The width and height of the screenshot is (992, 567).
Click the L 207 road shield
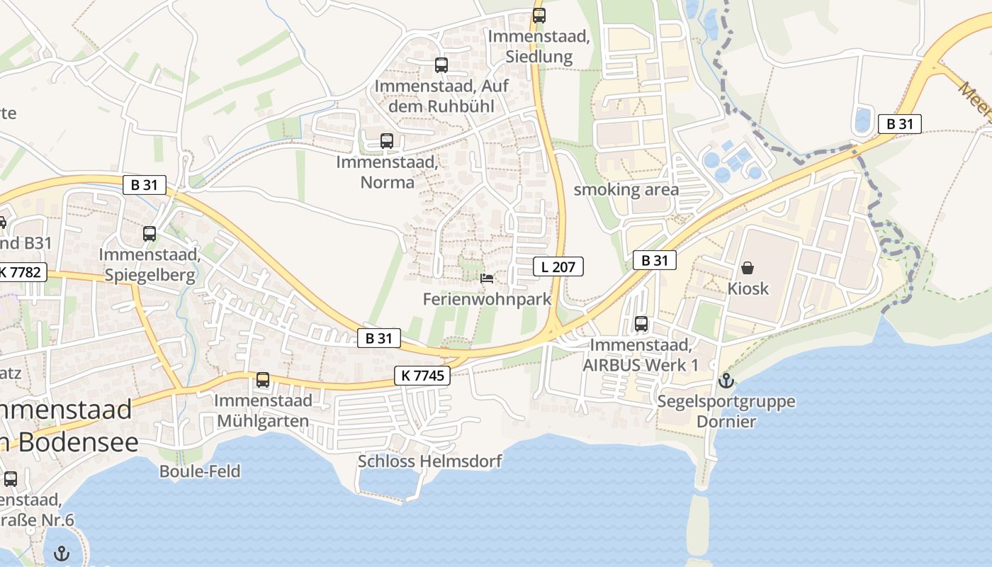pyautogui.click(x=558, y=266)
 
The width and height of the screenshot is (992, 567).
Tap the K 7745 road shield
pyautogui.click(x=422, y=376)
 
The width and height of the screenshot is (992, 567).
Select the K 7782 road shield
pyautogui.click(x=23, y=271)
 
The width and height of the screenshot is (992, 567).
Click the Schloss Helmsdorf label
pyautogui.click(x=429, y=461)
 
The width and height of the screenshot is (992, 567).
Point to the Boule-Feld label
pyautogui.click(x=200, y=471)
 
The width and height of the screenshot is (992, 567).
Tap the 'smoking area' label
pyautogui.click(x=626, y=189)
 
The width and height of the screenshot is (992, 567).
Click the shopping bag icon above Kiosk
pyautogui.click(x=748, y=268)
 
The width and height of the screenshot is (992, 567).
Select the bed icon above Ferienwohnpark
pyautogui.click(x=487, y=279)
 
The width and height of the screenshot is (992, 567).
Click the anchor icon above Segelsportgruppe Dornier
pyautogui.click(x=726, y=381)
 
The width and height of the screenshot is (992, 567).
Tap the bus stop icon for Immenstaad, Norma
pyautogui.click(x=386, y=141)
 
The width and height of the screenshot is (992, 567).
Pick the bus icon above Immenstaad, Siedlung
pyautogui.click(x=539, y=16)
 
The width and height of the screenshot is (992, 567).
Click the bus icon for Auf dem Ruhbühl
pyautogui.click(x=441, y=65)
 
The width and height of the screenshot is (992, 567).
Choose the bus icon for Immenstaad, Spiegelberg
pyautogui.click(x=150, y=234)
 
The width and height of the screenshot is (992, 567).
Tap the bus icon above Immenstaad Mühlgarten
pyautogui.click(x=263, y=380)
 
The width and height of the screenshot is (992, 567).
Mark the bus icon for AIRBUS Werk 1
pyautogui.click(x=641, y=324)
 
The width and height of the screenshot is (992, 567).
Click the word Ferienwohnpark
pyautogui.click(x=487, y=299)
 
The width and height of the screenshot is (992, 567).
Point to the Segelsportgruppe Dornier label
pyautogui.click(x=726, y=411)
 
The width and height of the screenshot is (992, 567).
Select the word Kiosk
pyautogui.click(x=748, y=289)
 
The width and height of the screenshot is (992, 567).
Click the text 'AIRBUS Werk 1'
pyautogui.click(x=640, y=365)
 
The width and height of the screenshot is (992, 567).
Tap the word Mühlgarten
pyautogui.click(x=263, y=421)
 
